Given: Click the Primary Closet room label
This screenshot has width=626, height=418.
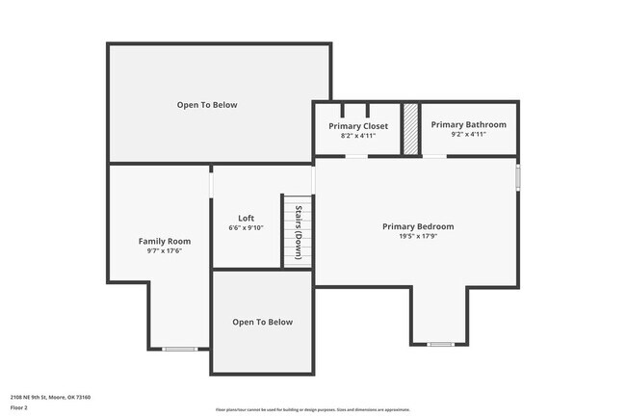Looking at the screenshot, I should pos(358,126).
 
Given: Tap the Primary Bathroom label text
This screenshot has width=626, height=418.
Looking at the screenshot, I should pos(468,124).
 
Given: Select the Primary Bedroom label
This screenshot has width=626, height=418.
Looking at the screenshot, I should pos(417,227).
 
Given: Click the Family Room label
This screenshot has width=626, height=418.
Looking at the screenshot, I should pos(164,241).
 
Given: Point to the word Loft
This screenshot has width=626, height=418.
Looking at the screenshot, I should pos(246,218).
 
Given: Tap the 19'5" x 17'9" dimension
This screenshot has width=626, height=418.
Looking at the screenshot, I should pos(417,237).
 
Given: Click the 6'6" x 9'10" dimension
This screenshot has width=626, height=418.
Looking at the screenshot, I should pos(246,227).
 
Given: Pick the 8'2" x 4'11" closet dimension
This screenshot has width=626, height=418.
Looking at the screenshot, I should pos(358,136).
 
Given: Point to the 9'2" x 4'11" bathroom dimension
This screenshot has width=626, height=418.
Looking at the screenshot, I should pos(468,134).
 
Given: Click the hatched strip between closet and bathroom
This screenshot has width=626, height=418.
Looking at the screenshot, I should pos(410,128).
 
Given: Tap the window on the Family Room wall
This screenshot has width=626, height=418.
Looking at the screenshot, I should pos(177,349).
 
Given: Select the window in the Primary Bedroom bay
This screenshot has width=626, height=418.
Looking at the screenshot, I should pos(440,344).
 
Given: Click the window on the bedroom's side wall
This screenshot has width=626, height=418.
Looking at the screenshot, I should pos(517,178).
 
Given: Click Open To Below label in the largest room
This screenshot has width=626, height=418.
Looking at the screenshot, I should pos(206,105).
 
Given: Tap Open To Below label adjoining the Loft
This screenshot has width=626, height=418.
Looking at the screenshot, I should pos(262,322).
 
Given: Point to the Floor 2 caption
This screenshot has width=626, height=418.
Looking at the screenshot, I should pos(19,407).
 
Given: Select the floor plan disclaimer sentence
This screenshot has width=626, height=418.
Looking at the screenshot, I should pos(312,409).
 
